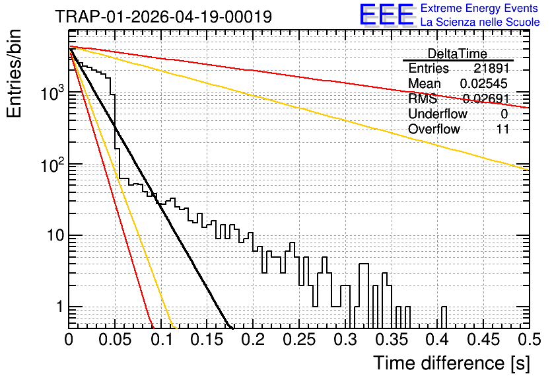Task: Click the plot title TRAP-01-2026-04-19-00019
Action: [x=163, y=17]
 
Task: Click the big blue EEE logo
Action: [x=386, y=15]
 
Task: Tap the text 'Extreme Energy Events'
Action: [x=479, y=8]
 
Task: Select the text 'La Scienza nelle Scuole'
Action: [x=480, y=22]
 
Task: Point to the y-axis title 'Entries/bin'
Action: [x=14, y=73]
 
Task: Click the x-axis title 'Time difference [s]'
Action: [x=452, y=363]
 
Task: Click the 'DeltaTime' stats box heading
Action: [x=458, y=54]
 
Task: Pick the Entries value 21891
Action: [x=491, y=68]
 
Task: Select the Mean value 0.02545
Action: [x=484, y=83]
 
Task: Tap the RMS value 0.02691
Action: [x=486, y=98]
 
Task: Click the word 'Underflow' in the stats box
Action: [x=438, y=114]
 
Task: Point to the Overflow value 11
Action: [x=502, y=129]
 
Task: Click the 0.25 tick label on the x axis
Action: [x=300, y=340]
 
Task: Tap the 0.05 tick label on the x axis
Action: [x=115, y=340]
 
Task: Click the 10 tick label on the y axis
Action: [x=56, y=235]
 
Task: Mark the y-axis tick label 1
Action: [x=60, y=307]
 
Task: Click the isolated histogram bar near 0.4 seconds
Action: [x=444, y=317]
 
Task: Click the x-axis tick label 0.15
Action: [x=207, y=340]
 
